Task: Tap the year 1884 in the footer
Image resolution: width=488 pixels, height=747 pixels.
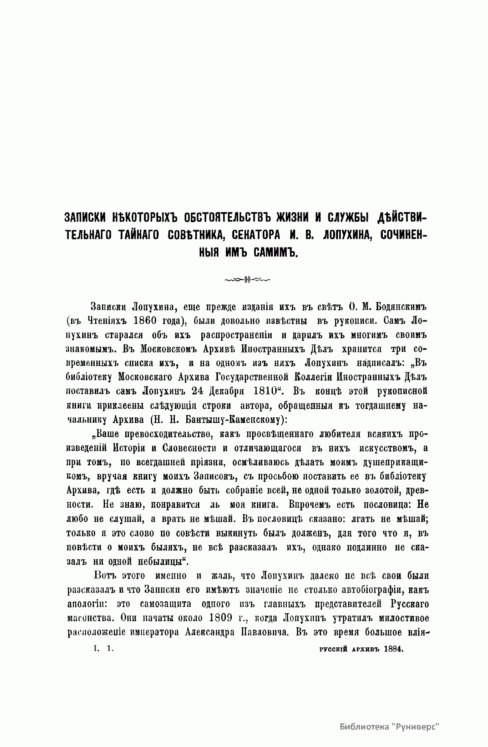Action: click(392, 651)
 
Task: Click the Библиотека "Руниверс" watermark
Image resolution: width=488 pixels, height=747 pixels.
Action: click(390, 727)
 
